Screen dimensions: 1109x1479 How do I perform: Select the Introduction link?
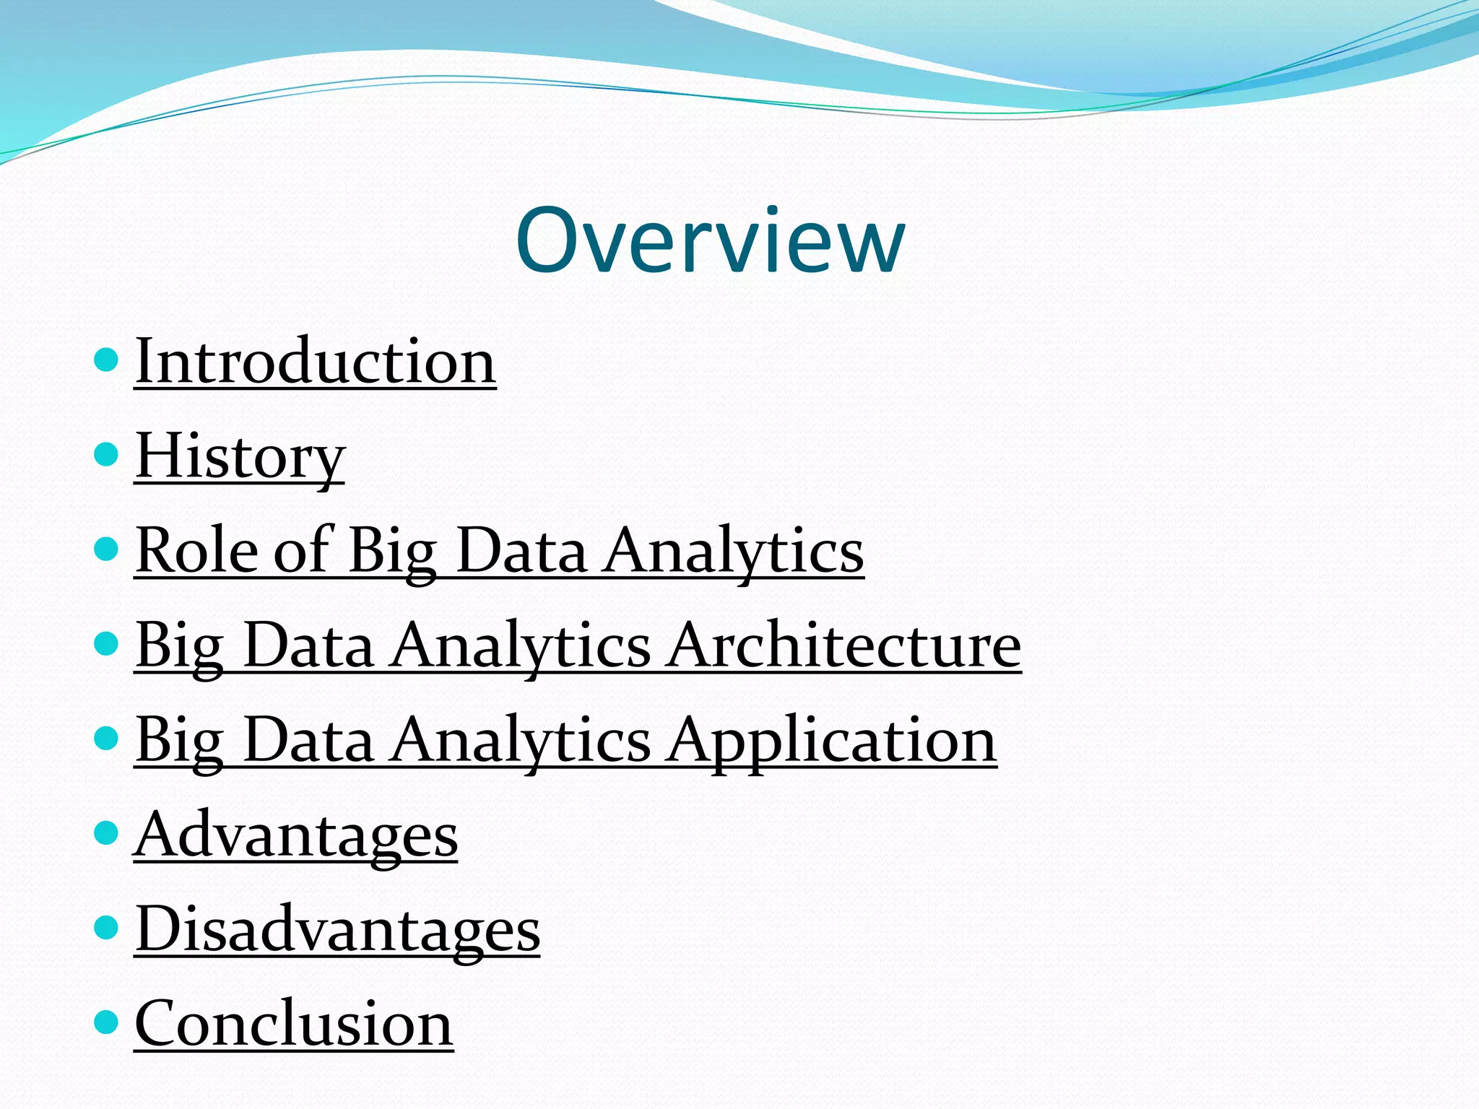[x=316, y=360]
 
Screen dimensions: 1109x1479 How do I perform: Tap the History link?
[x=240, y=456]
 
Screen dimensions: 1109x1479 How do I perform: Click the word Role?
[x=197, y=550]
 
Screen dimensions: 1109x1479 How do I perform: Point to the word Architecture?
[x=843, y=645]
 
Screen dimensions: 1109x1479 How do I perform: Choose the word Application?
[x=831, y=740]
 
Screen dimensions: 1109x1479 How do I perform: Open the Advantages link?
[x=296, y=835]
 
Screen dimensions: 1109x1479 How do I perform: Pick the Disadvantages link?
[x=337, y=929]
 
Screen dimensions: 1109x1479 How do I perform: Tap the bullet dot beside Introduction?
[x=106, y=359]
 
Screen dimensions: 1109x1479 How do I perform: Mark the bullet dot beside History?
[x=106, y=454]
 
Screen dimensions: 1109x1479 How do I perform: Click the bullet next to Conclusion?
[x=106, y=1022]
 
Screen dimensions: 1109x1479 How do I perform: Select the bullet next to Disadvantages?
[x=106, y=927]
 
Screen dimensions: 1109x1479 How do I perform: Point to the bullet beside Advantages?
[x=106, y=832]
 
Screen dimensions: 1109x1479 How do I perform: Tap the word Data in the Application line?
[x=308, y=740]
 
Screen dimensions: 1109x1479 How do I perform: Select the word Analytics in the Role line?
[x=734, y=552]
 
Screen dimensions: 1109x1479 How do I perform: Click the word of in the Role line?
[x=303, y=550]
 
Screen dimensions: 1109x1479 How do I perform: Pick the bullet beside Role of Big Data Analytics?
[x=106, y=549]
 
